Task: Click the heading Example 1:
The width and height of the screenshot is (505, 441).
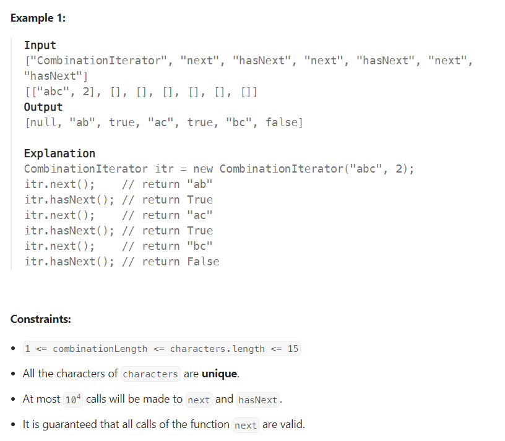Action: coord(38,18)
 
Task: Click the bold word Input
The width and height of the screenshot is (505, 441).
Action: coord(40,45)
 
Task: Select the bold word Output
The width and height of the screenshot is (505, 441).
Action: coord(43,107)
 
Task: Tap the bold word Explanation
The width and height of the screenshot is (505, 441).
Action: coord(59,153)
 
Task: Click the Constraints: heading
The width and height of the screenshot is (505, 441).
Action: coord(41,319)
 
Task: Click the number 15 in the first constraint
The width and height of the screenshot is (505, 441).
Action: coord(293,349)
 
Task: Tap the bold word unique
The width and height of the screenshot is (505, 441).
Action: coord(220,374)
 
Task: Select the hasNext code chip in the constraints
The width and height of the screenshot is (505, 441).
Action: coord(257,400)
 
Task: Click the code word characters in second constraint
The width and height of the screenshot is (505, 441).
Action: coord(150,374)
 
